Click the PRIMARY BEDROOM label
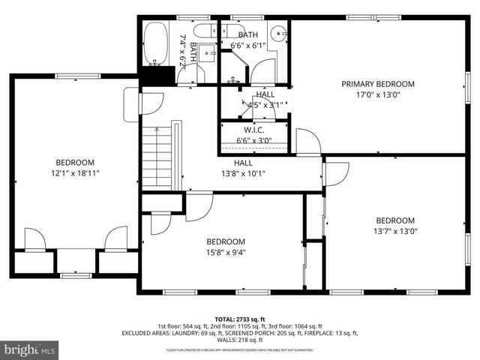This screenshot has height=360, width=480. (x=377, y=84)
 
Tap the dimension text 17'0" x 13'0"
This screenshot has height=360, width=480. (x=377, y=95)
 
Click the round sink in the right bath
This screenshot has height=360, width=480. (x=279, y=33)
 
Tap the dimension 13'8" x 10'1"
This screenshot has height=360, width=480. (x=243, y=173)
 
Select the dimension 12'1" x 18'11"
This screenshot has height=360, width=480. (x=74, y=173)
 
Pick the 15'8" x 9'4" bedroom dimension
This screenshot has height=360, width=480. (x=226, y=252)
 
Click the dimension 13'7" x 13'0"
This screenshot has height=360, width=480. (x=395, y=231)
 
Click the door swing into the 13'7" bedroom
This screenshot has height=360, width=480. (x=335, y=174)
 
